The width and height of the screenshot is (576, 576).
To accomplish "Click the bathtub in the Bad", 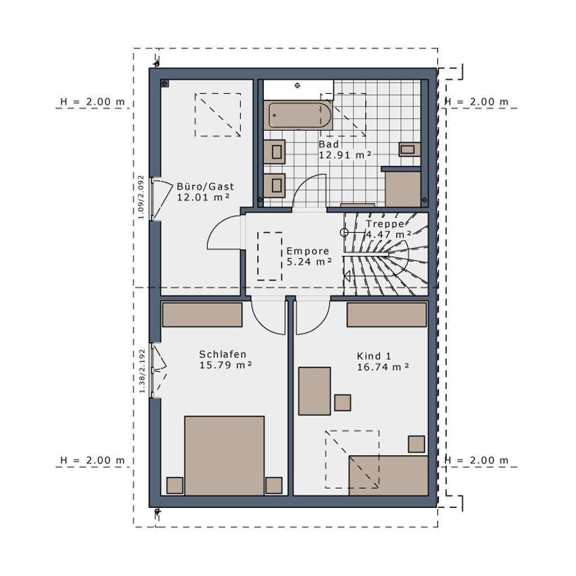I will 299,115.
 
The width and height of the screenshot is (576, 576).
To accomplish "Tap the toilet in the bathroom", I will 408,149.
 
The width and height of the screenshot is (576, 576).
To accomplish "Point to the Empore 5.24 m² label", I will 308,256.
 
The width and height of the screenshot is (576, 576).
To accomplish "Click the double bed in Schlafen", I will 224,456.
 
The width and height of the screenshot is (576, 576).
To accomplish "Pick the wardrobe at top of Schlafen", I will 202,314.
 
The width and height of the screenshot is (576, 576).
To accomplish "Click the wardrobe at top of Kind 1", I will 386,314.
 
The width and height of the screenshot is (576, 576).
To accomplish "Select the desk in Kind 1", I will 314,390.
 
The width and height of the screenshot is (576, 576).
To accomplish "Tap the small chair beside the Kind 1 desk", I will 342,402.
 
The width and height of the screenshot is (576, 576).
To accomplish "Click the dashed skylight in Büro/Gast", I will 218,114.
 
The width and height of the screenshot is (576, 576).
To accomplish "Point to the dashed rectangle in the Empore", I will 269,256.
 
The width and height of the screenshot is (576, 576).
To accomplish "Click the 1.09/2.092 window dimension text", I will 141,197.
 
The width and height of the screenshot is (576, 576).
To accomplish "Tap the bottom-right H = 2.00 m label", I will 477,460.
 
